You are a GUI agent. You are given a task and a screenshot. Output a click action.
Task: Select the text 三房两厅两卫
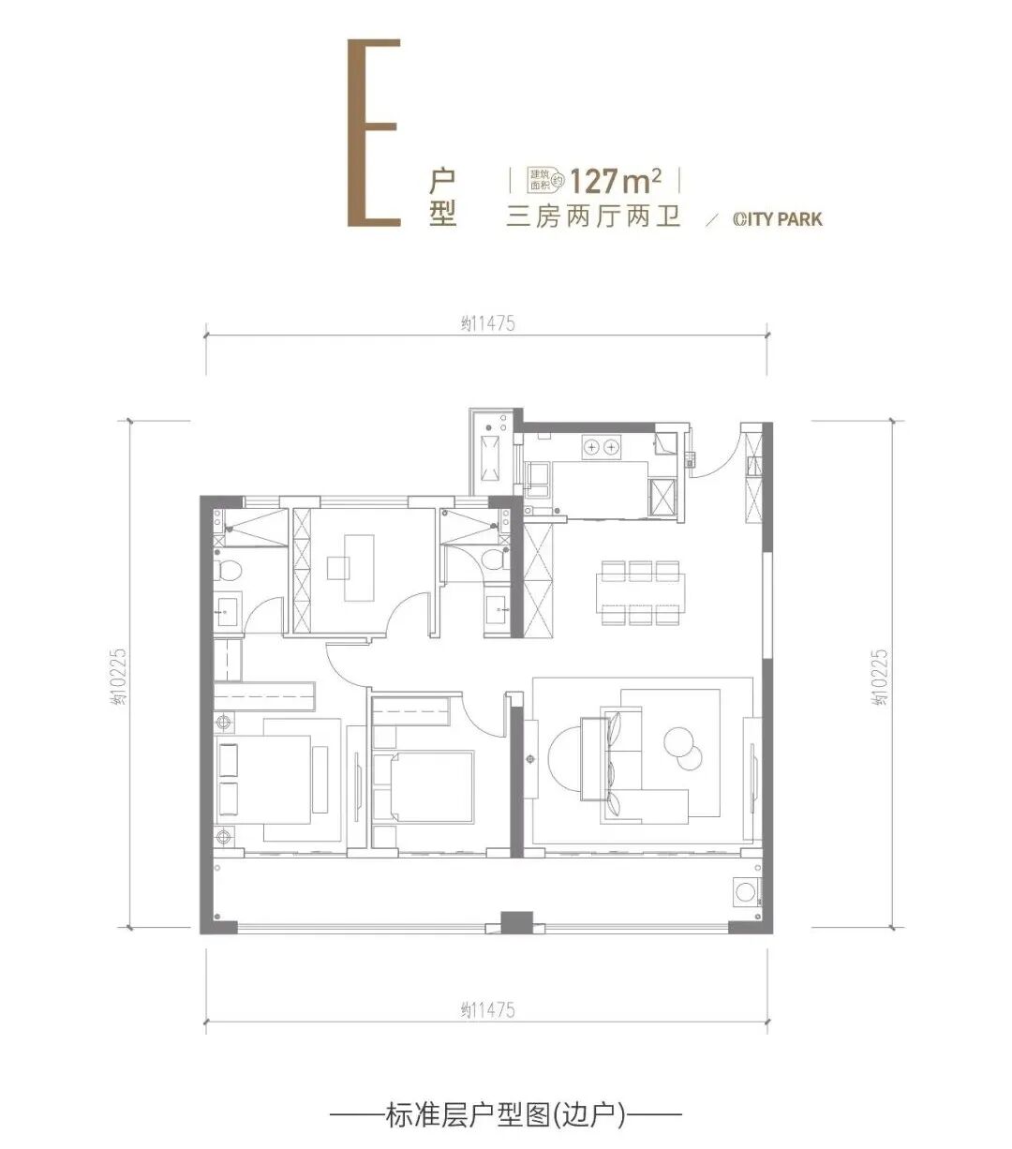point(593,218)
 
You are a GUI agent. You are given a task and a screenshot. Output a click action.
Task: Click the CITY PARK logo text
point(777,219)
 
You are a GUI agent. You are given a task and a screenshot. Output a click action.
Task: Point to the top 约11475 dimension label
point(488,323)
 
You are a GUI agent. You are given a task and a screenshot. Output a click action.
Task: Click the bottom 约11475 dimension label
point(488,1010)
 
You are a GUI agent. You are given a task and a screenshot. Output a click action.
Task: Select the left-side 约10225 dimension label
point(120,676)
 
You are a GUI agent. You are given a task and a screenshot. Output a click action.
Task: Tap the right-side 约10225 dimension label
point(880,676)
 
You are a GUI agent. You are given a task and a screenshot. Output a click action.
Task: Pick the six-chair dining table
point(641,593)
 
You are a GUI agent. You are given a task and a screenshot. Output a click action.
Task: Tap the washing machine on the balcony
point(747,891)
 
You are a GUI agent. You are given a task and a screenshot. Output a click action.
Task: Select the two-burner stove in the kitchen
point(602,447)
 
